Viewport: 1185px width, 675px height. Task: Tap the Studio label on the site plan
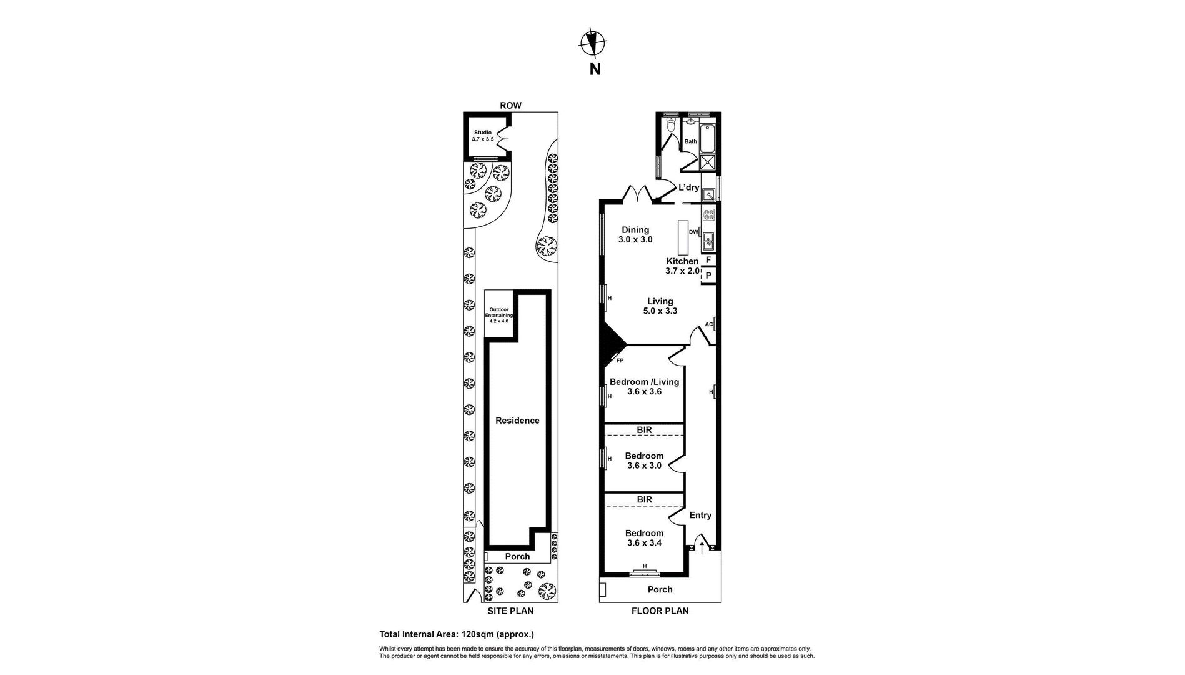click(483, 136)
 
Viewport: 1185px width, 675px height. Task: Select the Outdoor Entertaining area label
click(499, 315)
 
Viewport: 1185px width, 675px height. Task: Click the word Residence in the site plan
click(517, 421)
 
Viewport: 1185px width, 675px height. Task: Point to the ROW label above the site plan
click(510, 106)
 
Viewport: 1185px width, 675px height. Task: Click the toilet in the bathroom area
click(671, 127)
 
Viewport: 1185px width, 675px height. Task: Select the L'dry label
click(688, 187)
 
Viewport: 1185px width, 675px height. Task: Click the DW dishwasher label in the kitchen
click(693, 232)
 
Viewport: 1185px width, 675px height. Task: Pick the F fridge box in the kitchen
click(708, 260)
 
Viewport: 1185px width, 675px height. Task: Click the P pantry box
click(708, 275)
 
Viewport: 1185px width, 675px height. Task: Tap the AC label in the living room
click(708, 324)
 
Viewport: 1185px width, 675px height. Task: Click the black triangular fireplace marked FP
click(609, 347)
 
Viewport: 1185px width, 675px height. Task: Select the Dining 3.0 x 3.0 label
click(635, 235)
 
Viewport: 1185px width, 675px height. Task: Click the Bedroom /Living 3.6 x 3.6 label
click(644, 387)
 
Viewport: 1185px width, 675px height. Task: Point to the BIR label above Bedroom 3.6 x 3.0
click(644, 430)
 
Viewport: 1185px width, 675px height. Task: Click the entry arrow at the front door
click(702, 548)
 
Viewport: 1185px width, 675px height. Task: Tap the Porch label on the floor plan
click(660, 589)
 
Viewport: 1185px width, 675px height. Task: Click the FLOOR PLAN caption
click(660, 611)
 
